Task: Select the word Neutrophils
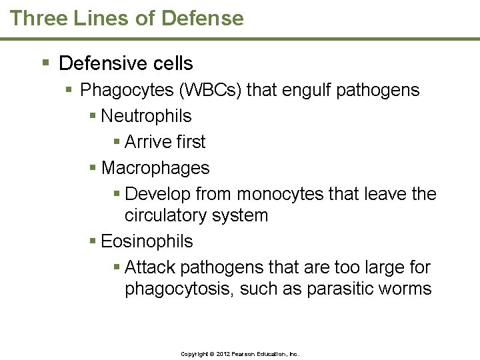pos(146,116)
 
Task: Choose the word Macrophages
pos(155,168)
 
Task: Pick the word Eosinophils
pos(147,241)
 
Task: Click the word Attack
pos(150,267)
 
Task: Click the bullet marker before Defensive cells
pos(45,63)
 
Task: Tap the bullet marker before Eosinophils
pos(93,241)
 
